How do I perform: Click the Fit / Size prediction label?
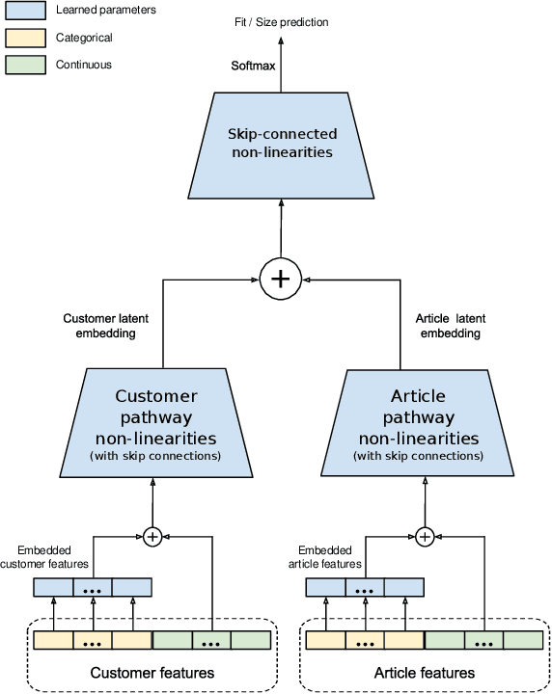(281, 21)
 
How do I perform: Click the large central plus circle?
(281, 279)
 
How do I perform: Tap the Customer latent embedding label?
(105, 326)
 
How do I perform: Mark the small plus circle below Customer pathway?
(152, 537)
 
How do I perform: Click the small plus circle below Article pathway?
(425, 537)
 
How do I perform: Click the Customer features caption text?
(152, 672)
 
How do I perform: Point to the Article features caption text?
(425, 672)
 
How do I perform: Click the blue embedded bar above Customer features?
(93, 587)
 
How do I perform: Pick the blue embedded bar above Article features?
(365, 587)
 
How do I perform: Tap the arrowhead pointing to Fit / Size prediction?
(281, 40)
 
